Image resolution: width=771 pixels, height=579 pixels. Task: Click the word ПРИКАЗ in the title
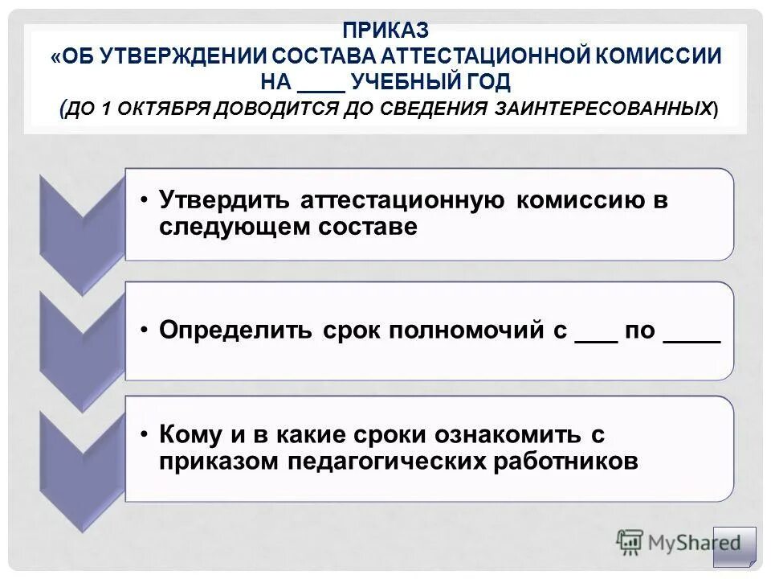tap(385, 31)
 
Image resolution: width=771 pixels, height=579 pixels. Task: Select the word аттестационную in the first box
tap(402, 200)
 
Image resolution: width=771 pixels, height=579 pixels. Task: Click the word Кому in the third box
tap(190, 434)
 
